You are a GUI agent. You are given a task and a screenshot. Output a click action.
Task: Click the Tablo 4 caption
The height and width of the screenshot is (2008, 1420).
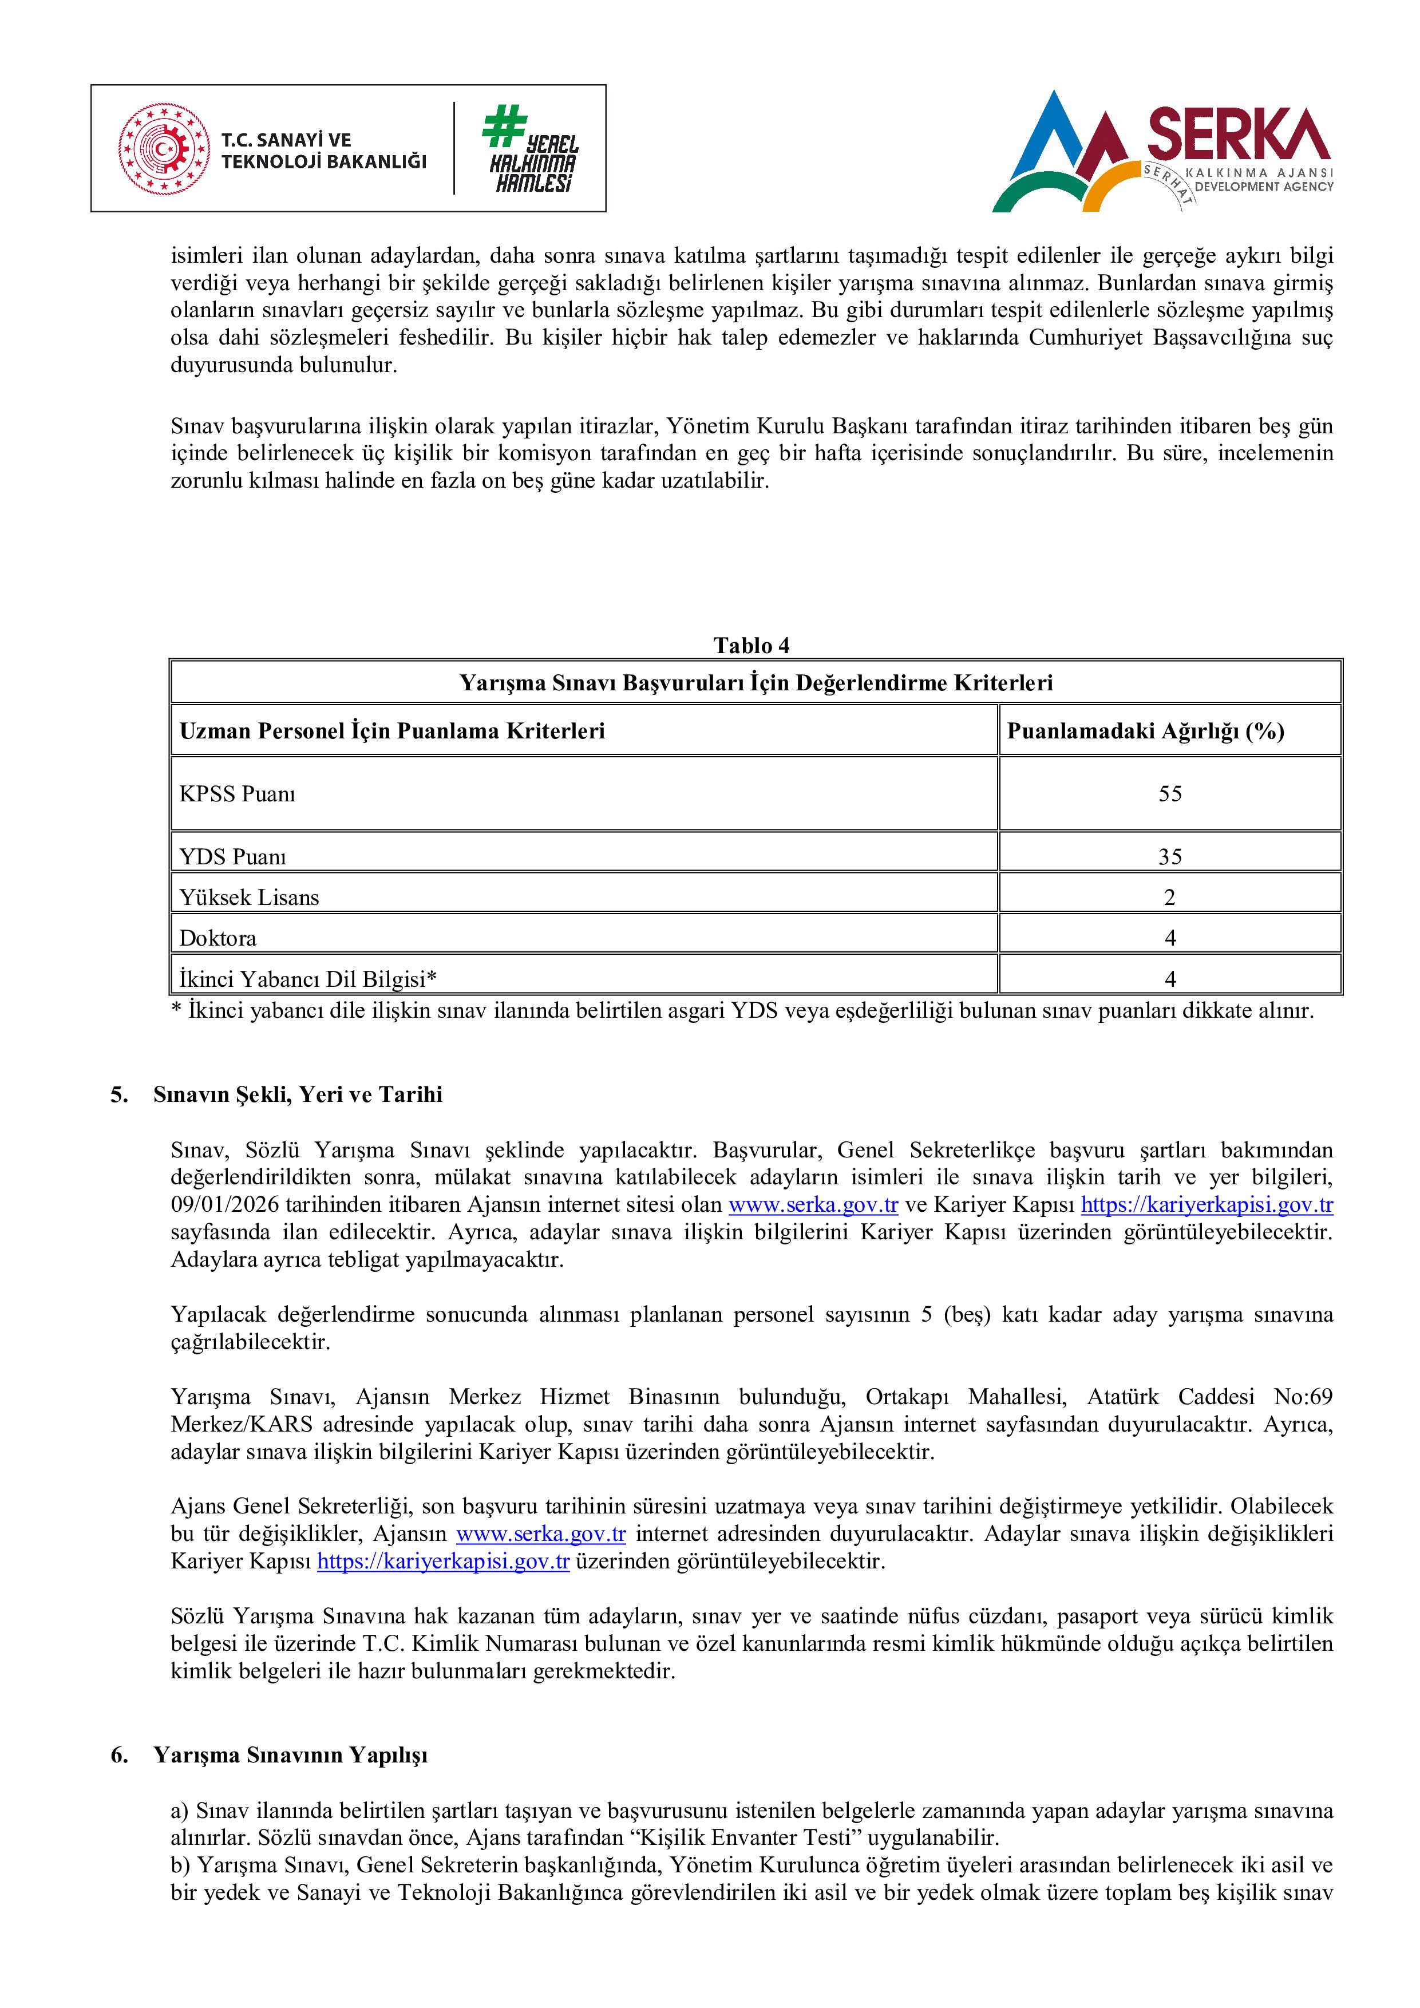tap(751, 646)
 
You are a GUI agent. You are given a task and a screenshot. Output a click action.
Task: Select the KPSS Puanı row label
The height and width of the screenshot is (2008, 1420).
tap(238, 794)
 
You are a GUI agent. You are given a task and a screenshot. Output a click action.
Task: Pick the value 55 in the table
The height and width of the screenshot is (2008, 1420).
tap(1170, 794)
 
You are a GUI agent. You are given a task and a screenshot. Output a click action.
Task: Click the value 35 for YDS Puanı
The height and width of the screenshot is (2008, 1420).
tap(1170, 857)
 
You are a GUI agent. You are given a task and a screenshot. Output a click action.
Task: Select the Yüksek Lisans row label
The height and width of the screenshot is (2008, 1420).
tap(249, 898)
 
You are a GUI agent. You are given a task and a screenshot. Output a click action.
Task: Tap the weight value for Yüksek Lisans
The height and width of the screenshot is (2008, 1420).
tap(1170, 898)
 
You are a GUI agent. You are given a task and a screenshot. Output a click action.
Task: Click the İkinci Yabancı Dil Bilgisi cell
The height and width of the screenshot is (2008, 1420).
tap(308, 979)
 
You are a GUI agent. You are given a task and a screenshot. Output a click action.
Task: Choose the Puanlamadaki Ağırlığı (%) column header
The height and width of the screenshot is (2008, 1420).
tap(1145, 731)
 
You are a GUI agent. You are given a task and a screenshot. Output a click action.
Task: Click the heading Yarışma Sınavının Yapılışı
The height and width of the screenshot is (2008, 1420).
tap(290, 1755)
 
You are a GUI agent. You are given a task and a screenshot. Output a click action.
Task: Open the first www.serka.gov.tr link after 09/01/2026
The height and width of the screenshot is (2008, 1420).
tap(813, 1205)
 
